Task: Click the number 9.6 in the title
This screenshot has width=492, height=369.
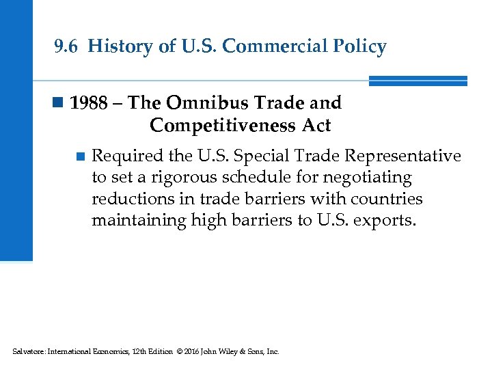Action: (x=67, y=46)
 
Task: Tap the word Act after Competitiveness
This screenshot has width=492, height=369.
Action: (x=314, y=126)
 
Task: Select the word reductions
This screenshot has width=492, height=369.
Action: (x=128, y=199)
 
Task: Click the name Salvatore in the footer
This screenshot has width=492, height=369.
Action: (x=27, y=351)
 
